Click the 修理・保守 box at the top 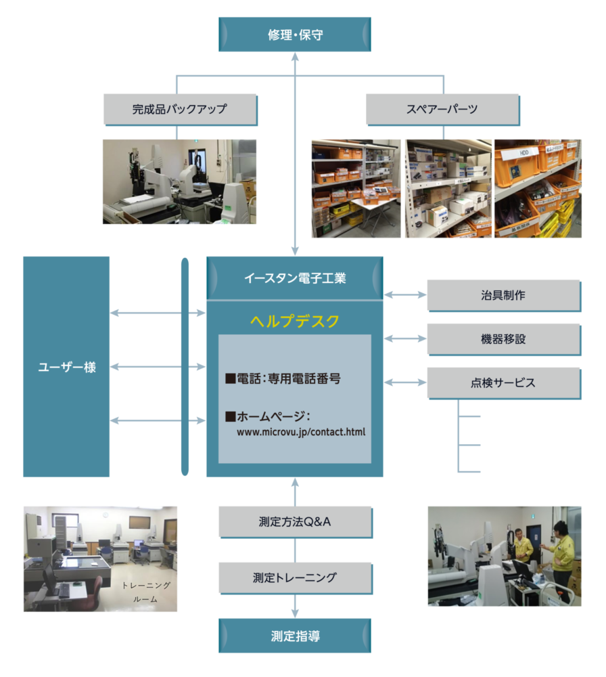295,35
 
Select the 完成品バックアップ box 179,109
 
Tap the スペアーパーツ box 442,109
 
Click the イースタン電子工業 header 295,278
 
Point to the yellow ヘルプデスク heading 295,321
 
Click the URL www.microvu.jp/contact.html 301,431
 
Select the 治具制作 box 503,295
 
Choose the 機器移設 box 503,339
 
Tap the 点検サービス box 503,383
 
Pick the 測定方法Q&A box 295,522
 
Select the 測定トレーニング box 295,577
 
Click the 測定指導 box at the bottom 295,636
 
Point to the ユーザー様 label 66,368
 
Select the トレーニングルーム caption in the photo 146,592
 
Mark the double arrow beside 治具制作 405,295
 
